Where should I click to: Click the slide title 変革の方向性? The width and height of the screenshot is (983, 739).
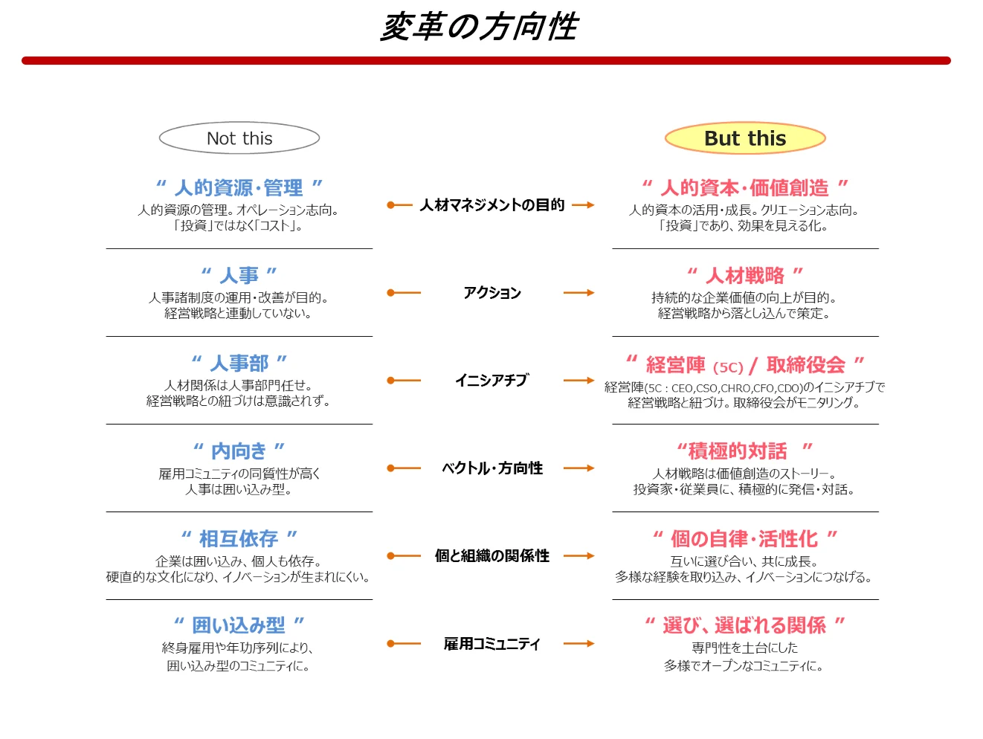479,28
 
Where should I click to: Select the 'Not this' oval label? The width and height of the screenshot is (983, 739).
239,138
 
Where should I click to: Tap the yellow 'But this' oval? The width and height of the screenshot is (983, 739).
745,138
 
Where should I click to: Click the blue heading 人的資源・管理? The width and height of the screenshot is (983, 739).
239,187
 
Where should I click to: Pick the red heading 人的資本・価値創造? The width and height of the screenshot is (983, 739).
744,187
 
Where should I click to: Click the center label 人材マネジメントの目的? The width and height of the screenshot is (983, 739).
492,205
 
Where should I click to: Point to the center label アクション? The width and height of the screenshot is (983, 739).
492,293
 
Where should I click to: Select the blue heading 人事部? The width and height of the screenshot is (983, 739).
239,363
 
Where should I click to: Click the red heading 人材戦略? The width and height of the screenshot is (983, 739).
745,275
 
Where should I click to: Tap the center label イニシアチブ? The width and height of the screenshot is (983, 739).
492,381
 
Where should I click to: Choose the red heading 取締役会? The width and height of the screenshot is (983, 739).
806,364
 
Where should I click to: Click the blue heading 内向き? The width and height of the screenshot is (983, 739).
239,451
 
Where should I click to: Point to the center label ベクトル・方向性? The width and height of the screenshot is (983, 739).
492,468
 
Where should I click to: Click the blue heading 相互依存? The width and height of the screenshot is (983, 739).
239,538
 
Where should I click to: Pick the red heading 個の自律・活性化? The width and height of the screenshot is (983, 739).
744,538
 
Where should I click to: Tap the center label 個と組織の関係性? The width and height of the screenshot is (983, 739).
492,556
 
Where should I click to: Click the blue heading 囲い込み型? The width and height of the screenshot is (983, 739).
239,625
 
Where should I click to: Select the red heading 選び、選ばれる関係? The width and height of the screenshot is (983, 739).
744,625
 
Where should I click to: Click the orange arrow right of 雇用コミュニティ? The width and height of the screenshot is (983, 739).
578,644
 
